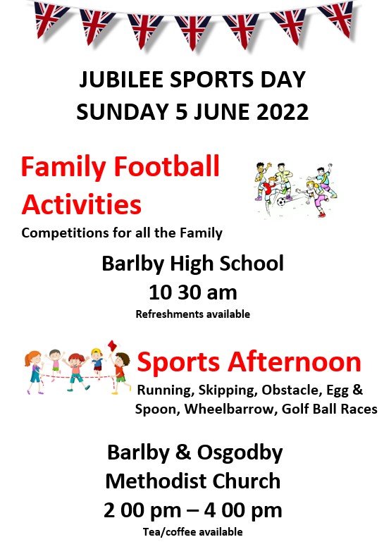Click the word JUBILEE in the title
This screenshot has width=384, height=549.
click(x=122, y=79)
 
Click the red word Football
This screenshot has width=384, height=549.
click(x=166, y=166)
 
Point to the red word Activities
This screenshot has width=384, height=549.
click(x=82, y=204)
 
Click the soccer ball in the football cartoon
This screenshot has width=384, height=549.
click(x=281, y=202)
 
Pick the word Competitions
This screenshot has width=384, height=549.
click(x=65, y=233)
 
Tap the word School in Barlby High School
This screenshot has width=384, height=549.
click(x=252, y=264)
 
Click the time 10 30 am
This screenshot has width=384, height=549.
click(x=193, y=292)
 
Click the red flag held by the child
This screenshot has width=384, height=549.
click(x=112, y=345)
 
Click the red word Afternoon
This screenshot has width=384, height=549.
click(x=295, y=362)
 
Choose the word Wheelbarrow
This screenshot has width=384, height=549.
click(x=229, y=409)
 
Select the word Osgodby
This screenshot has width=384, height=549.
click(x=240, y=452)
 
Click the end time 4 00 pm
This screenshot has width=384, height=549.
click(x=243, y=510)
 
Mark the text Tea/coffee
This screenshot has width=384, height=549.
click(x=166, y=532)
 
